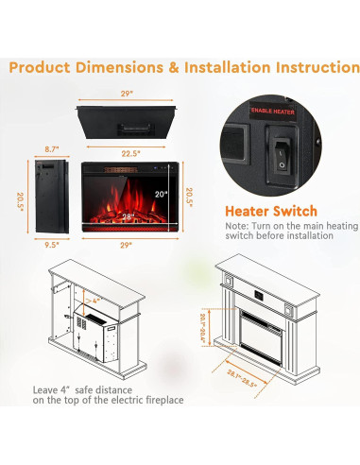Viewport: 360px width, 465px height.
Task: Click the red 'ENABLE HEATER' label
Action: pos(273,138)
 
